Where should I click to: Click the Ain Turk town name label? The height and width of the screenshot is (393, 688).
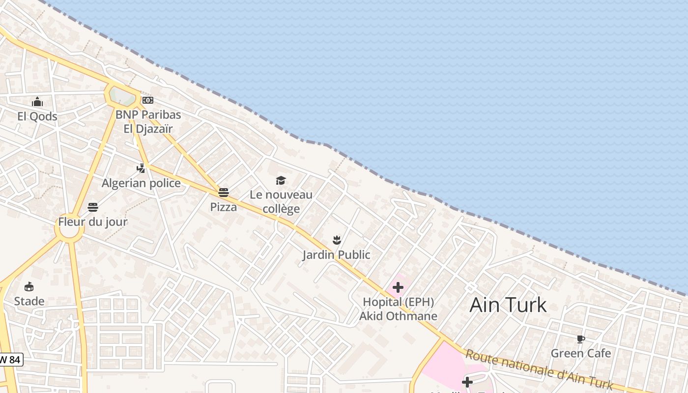(x=508, y=305)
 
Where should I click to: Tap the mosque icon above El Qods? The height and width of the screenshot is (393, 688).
(x=37, y=102)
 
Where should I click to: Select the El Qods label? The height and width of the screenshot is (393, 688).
(x=37, y=116)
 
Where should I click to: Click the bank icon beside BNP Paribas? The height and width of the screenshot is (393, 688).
(x=148, y=100)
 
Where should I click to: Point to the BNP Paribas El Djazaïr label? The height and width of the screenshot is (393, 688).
(x=148, y=122)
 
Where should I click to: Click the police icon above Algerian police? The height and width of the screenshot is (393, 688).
(x=141, y=168)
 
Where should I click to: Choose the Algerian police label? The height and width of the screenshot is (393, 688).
(x=141, y=183)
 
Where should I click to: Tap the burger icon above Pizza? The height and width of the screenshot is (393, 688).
(x=224, y=193)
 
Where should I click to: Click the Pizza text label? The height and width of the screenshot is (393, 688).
(x=224, y=207)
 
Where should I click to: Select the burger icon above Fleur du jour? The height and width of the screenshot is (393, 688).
(x=93, y=207)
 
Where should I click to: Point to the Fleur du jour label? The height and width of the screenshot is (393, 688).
(x=93, y=222)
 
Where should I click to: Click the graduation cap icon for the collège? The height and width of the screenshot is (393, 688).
(x=281, y=180)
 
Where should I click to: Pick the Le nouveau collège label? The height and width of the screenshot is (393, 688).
(x=281, y=201)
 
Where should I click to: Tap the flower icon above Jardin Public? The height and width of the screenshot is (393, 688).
(x=337, y=240)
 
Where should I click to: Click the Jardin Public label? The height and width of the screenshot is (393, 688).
(x=337, y=254)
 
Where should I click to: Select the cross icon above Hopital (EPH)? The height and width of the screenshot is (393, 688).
(x=398, y=287)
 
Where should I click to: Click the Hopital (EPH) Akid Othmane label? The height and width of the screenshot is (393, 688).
(x=398, y=309)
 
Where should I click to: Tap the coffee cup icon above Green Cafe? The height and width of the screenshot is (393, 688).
(x=580, y=339)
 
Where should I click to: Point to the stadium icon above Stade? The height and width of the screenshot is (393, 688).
(x=29, y=287)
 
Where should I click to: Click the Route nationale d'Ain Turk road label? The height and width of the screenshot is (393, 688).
(x=539, y=369)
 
